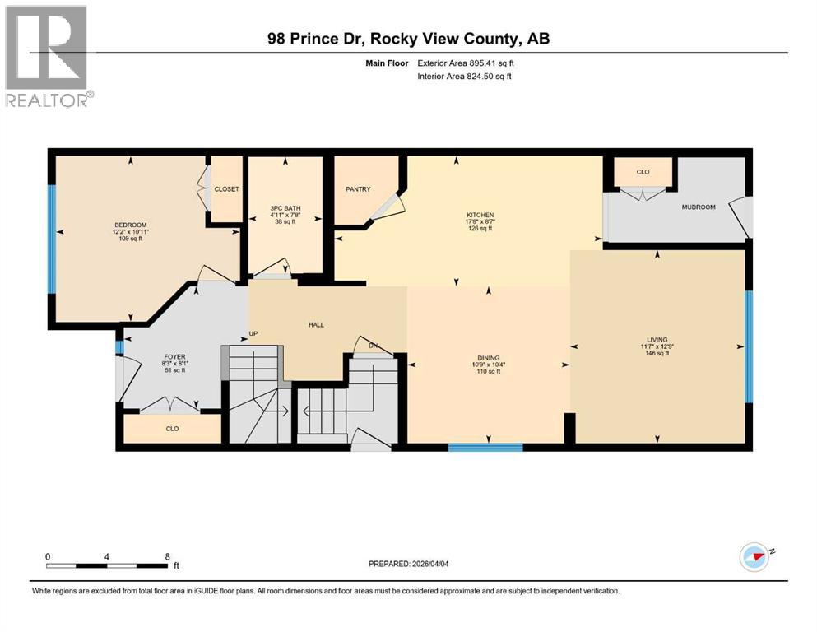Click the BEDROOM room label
pyautogui.click(x=130, y=225)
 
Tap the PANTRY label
pyautogui.click(x=357, y=189)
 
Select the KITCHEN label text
pyautogui.click(x=480, y=215)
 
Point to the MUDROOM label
pyautogui.click(x=699, y=207)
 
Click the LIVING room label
pyautogui.click(x=657, y=339)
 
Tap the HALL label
pyautogui.click(x=316, y=324)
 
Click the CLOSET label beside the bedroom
pyautogui.click(x=226, y=189)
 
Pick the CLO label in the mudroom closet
pyautogui.click(x=643, y=173)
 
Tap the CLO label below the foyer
pyautogui.click(x=172, y=429)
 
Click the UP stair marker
pyautogui.click(x=254, y=334)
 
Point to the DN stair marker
pyautogui.click(x=373, y=345)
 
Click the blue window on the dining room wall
pyautogui.click(x=485, y=448)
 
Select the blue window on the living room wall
pyautogui.click(x=748, y=346)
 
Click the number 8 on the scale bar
pyautogui.click(x=168, y=556)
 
